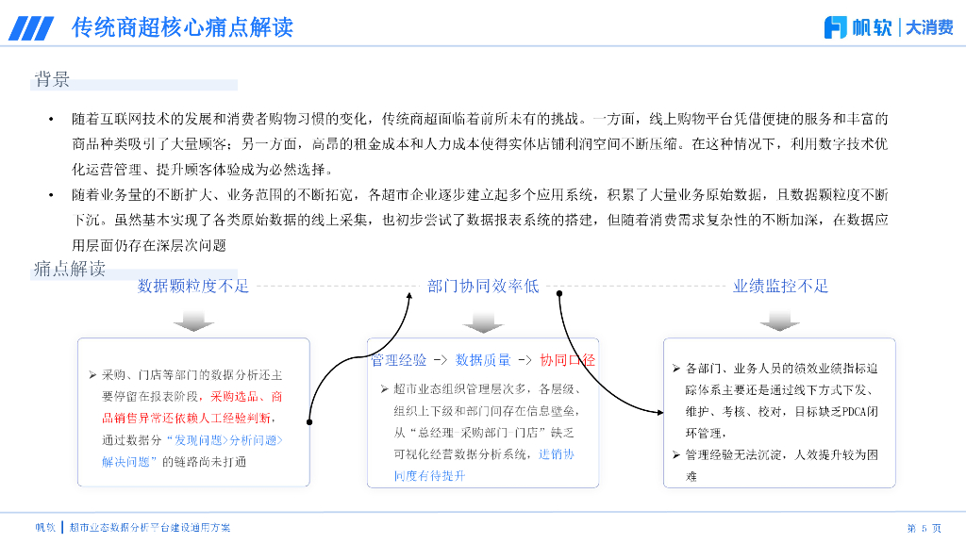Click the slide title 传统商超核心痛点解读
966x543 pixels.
coord(182,27)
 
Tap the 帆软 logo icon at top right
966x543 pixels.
coord(835,27)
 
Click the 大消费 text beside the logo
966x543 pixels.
coord(929,27)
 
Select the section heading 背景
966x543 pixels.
coord(52,79)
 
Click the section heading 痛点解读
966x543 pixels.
coord(69,269)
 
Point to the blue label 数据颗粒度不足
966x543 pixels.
coord(193,286)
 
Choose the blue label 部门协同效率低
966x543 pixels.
coord(483,286)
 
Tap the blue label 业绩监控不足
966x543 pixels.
coord(780,286)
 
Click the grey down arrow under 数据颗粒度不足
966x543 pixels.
coord(193,322)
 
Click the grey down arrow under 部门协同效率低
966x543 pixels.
coord(483,322)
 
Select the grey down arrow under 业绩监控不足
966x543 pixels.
coord(779,322)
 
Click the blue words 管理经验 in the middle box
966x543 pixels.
coord(398,360)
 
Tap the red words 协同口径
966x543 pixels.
coord(567,360)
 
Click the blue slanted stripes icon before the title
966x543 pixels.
coord(32,28)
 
